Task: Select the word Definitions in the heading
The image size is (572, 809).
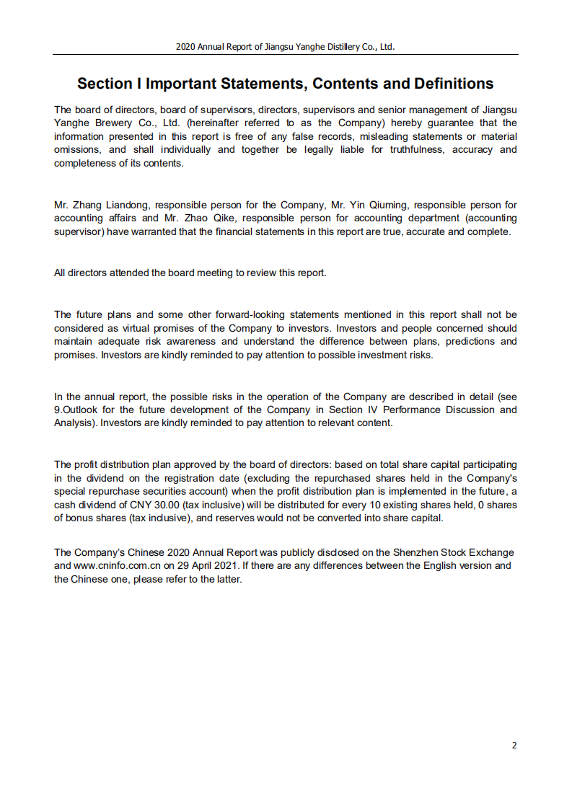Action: [453, 84]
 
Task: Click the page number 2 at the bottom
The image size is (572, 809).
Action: [514, 746]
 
